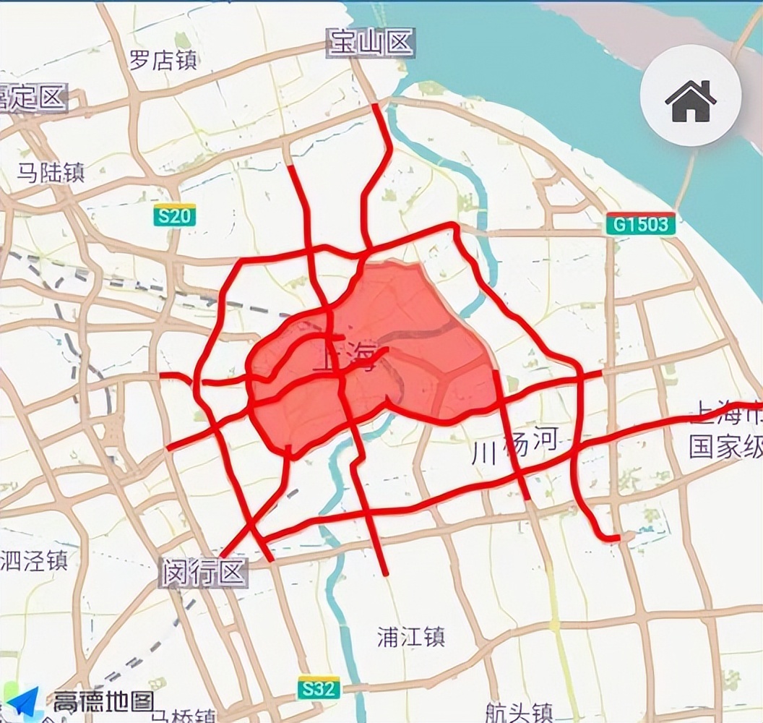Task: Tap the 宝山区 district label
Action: click(371, 43)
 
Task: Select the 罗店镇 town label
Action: click(163, 60)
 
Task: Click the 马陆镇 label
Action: click(51, 172)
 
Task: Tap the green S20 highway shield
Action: click(174, 215)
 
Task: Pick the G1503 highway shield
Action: click(641, 224)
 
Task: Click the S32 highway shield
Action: click(319, 688)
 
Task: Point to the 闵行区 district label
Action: click(204, 574)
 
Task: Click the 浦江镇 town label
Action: click(411, 637)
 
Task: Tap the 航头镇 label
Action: click(520, 711)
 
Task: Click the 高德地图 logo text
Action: click(103, 701)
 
